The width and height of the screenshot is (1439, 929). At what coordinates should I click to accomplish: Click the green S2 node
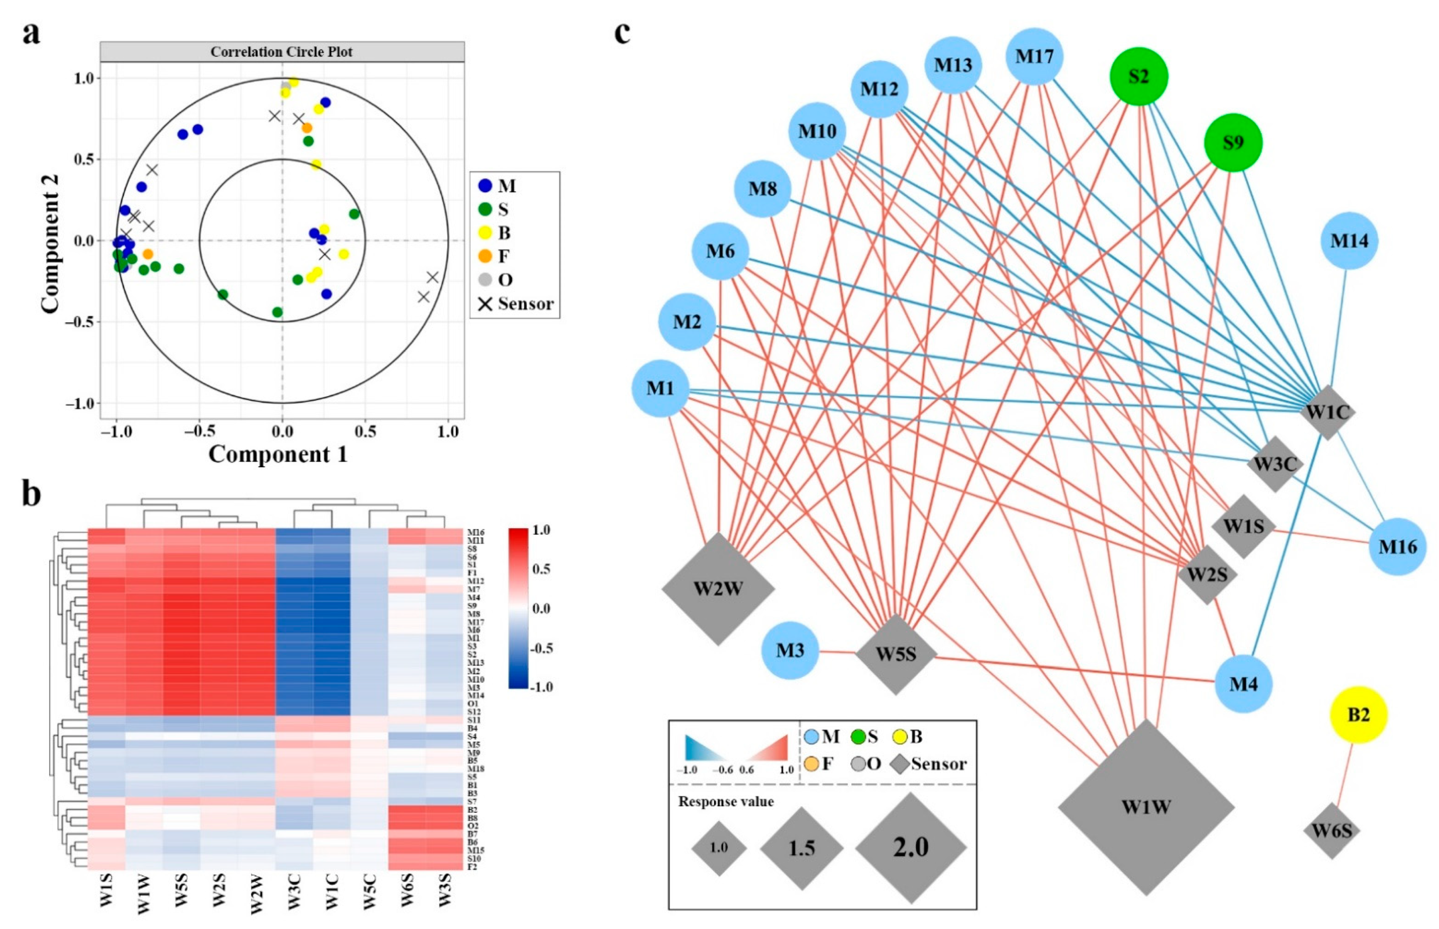[x=1139, y=77]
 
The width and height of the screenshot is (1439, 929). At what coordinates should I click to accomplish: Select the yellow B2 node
[x=1359, y=715]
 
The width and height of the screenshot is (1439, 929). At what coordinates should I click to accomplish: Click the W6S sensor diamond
[x=1332, y=830]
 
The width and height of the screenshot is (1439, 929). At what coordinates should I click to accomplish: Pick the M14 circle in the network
[x=1349, y=241]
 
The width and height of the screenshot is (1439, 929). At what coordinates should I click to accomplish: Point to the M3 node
[x=790, y=650]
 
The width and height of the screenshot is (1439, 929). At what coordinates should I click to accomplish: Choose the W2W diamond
[x=718, y=588]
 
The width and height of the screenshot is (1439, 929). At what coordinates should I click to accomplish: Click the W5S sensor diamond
[x=896, y=654]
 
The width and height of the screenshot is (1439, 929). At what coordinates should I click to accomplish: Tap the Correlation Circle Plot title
[x=281, y=52]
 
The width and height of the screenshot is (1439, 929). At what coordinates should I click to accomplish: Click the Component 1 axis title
[x=278, y=454]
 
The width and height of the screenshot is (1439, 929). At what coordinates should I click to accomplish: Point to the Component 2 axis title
[x=51, y=244]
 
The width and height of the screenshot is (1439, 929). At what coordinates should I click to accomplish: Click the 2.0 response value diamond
[x=910, y=847]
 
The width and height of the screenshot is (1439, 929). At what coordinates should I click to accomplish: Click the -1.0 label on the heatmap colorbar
[x=541, y=687]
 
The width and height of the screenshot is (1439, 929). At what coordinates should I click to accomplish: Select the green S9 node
[x=1233, y=143]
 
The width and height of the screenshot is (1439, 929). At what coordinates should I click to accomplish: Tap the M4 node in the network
[x=1244, y=684]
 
